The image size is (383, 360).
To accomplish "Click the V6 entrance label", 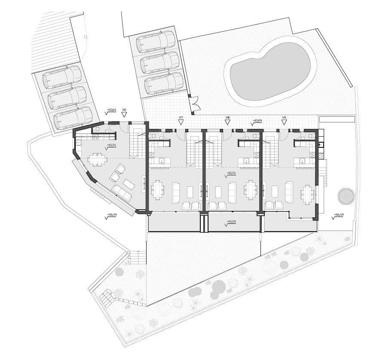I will (124, 110).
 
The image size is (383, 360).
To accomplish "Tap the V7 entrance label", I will (181, 118).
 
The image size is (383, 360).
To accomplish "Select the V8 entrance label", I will (227, 118).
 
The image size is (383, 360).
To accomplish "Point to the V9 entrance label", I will (284, 118).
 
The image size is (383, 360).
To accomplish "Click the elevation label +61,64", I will (111, 110).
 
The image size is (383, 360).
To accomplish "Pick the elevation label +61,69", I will (257, 121).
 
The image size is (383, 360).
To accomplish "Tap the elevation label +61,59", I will (232, 222).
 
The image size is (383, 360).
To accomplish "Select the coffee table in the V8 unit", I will (218, 192).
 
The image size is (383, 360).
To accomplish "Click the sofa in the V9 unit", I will (289, 192).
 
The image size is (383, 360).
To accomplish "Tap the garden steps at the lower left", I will (138, 257).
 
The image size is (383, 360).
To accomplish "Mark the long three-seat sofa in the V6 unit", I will (122, 193).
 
